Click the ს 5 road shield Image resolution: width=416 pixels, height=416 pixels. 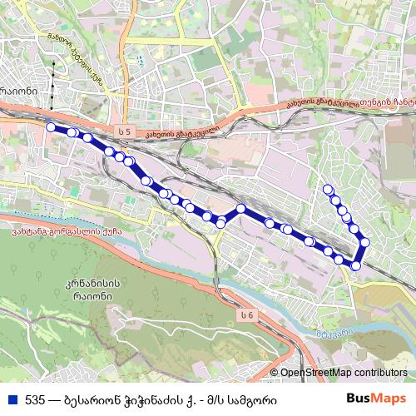125,132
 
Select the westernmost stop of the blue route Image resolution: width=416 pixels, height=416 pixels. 51,127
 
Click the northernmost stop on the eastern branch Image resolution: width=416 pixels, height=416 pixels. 328,189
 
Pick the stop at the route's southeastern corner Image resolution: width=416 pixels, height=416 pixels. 356,266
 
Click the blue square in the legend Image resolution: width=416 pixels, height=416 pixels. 11,399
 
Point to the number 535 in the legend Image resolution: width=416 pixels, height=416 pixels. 35,399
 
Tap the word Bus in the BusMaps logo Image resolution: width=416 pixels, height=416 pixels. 360,398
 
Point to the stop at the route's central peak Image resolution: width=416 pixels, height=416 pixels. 241,208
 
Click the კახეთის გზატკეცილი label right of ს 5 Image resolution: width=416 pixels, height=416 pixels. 181,132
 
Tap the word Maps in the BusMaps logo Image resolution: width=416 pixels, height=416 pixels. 389,398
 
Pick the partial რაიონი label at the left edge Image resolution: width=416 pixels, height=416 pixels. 18,91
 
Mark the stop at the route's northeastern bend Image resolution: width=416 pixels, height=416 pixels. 364,242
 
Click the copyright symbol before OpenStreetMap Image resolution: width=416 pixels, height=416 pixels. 275,374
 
